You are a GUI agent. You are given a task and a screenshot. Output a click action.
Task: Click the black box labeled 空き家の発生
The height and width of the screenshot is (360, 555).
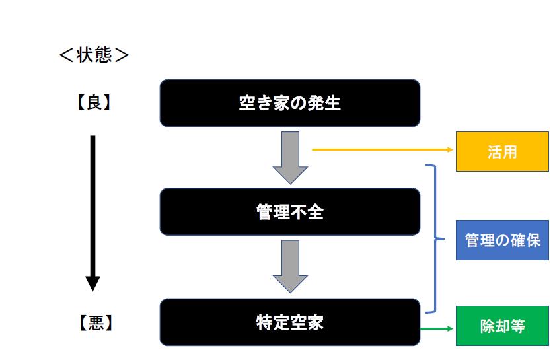289,103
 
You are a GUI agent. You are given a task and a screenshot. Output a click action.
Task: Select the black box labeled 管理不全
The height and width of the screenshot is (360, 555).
289,212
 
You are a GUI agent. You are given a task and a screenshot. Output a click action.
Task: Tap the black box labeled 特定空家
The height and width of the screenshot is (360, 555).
289,322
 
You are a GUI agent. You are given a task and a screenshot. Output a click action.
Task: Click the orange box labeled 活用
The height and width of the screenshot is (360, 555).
502,151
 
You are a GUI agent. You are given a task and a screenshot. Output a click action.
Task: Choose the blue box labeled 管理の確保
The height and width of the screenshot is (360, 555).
502,240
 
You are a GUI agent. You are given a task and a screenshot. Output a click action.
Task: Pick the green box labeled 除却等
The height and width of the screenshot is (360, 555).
502,326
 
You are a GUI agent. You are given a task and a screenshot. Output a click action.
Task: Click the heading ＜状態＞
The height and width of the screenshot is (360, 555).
94,55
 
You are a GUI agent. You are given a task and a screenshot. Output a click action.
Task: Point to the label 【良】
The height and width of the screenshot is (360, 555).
93,102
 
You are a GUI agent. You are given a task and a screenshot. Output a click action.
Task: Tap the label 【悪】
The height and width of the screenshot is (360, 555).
93,324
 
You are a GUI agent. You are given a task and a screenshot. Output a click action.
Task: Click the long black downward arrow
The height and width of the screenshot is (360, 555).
93,211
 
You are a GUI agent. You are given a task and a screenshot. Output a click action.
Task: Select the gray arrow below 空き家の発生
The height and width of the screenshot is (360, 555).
290,157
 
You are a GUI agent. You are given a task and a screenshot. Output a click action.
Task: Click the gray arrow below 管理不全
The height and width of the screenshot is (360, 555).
290,266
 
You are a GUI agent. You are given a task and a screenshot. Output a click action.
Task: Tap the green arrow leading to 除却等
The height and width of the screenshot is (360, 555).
436,327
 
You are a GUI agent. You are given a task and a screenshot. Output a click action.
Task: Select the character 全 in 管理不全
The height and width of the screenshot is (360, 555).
315,212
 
